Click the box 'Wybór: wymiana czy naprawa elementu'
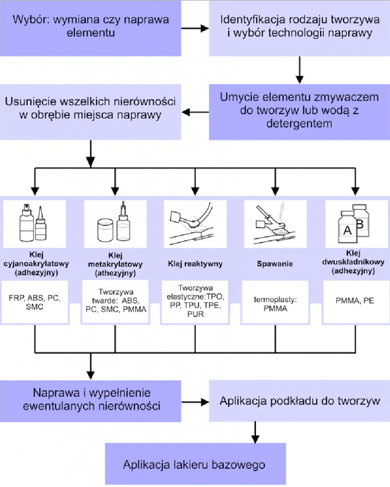[91, 28]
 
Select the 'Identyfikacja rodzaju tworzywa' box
[299, 28]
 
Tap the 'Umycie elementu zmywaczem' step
[299, 112]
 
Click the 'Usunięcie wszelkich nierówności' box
[91, 112]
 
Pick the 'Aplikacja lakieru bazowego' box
[196, 464]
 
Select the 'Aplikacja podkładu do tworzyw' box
[299, 401]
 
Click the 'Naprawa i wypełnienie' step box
[91, 401]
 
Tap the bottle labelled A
[348, 227]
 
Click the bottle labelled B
[362, 221]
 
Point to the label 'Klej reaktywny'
[195, 263]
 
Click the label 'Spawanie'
[274, 263]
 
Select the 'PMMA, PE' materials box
[355, 302]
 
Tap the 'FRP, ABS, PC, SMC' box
[35, 302]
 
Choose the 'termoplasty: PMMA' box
[275, 303]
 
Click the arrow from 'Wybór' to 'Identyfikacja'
[195, 29]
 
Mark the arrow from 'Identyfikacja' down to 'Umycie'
[299, 70]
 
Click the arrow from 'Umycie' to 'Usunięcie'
[195, 112]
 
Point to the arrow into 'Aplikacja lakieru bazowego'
[255, 433]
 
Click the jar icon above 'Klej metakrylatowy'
[106, 230]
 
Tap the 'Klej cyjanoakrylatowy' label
[36, 263]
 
